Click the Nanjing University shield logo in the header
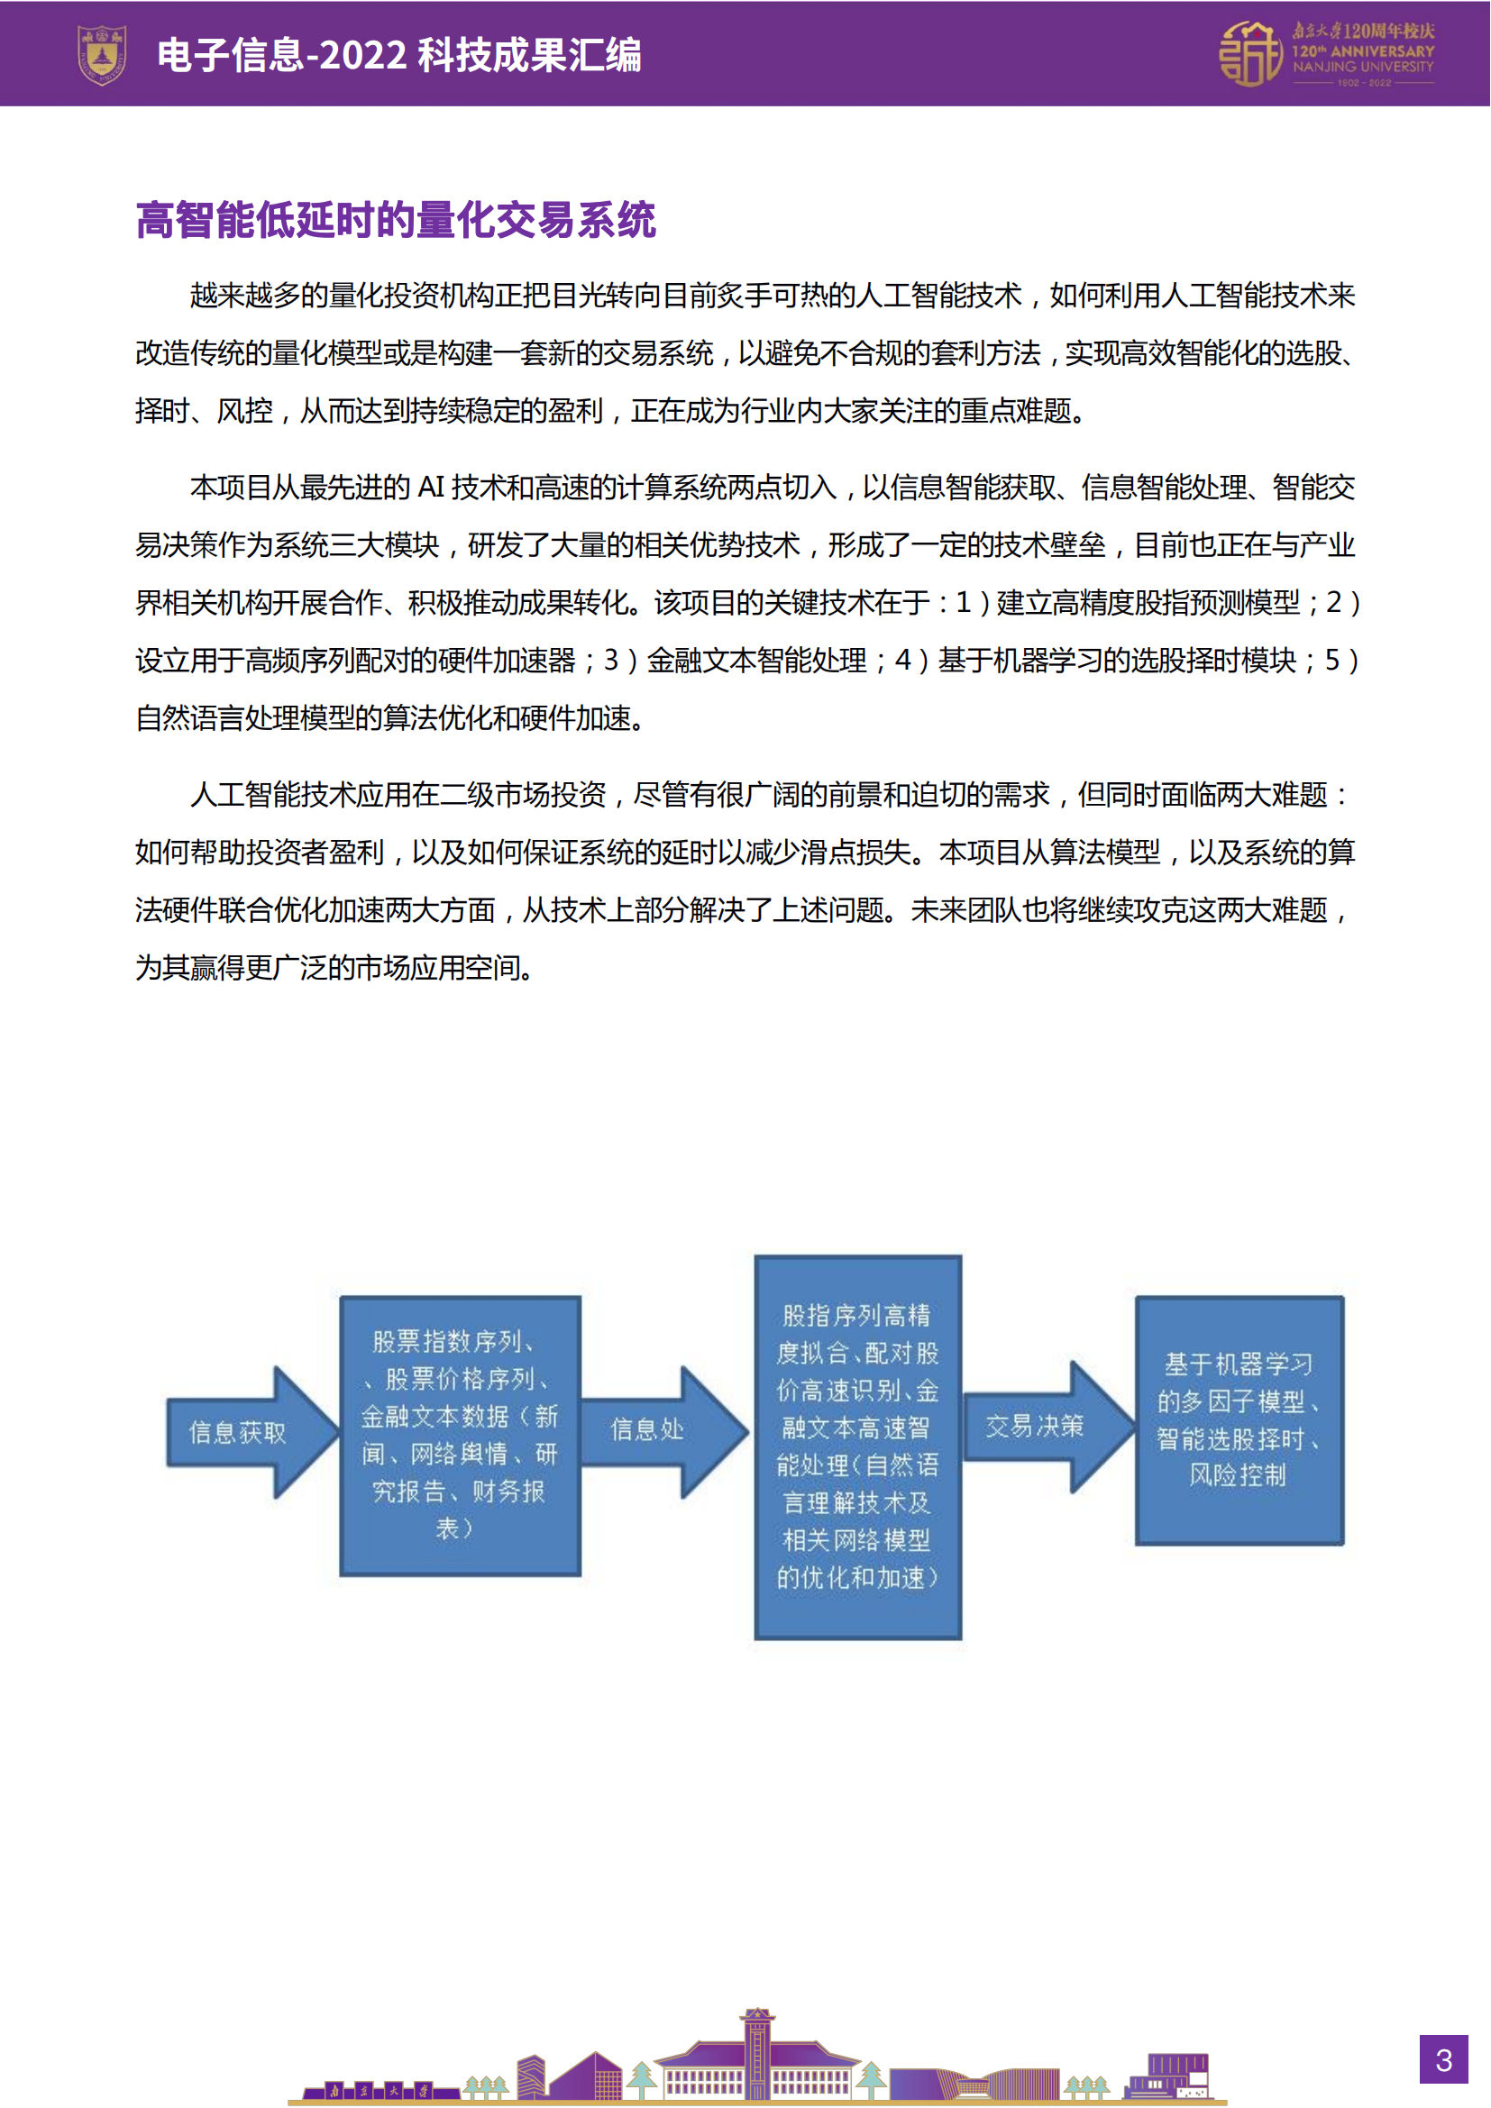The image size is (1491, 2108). (x=101, y=55)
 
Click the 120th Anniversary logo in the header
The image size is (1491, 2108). (x=1325, y=55)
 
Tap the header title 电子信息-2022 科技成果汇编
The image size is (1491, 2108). (x=398, y=55)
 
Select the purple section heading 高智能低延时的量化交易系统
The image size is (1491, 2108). (x=396, y=220)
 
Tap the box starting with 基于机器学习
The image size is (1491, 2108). (x=1239, y=1419)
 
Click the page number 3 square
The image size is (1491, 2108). (x=1443, y=2059)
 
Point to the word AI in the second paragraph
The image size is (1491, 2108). (x=431, y=488)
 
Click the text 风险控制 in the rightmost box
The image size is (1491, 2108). (x=1238, y=1475)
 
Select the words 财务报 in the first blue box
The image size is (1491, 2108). (x=508, y=1492)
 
